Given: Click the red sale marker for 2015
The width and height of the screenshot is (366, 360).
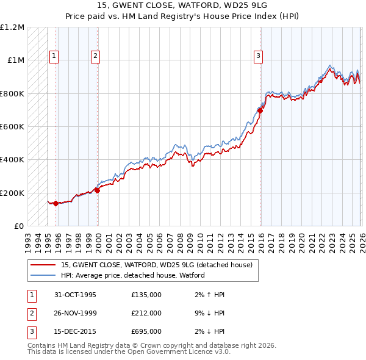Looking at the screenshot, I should tap(260, 111).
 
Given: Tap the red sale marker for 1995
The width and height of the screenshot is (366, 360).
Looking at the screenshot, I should tap(56, 204).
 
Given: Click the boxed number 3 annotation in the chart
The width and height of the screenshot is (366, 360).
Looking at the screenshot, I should tap(258, 56).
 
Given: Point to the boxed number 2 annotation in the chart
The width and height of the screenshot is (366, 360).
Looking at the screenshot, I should tap(96, 56).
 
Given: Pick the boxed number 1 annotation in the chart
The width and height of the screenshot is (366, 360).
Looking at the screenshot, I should tap(54, 56).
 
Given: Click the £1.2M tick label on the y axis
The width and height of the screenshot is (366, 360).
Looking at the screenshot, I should tap(12, 27).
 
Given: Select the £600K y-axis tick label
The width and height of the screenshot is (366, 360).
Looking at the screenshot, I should tap(12, 127).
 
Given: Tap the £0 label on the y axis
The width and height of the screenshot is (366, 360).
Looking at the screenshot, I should tap(20, 226).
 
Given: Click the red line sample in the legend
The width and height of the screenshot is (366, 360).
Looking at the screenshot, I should tap(43, 265).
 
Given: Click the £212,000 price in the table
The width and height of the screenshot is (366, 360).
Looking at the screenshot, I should tap(146, 313).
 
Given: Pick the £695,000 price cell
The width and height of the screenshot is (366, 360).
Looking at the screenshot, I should tap(146, 331).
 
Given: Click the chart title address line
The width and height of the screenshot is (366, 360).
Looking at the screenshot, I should tap(183, 5).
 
